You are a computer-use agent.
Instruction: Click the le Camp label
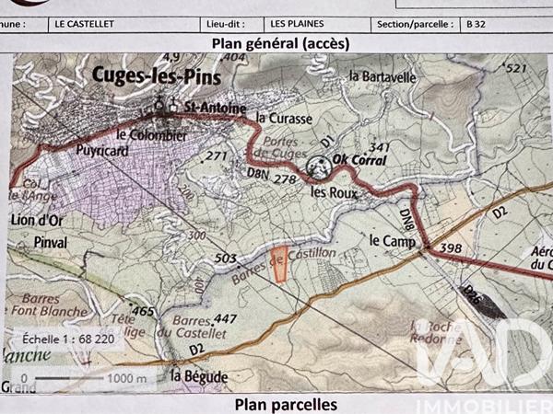click(x=389, y=241)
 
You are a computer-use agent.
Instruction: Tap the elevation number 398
click(x=451, y=248)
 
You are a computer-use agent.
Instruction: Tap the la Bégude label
click(x=193, y=374)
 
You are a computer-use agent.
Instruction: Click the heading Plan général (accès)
click(x=274, y=42)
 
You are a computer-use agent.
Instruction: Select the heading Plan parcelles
click(x=285, y=404)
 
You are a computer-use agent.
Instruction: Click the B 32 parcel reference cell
click(x=476, y=24)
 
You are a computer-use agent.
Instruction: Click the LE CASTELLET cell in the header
click(x=86, y=24)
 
